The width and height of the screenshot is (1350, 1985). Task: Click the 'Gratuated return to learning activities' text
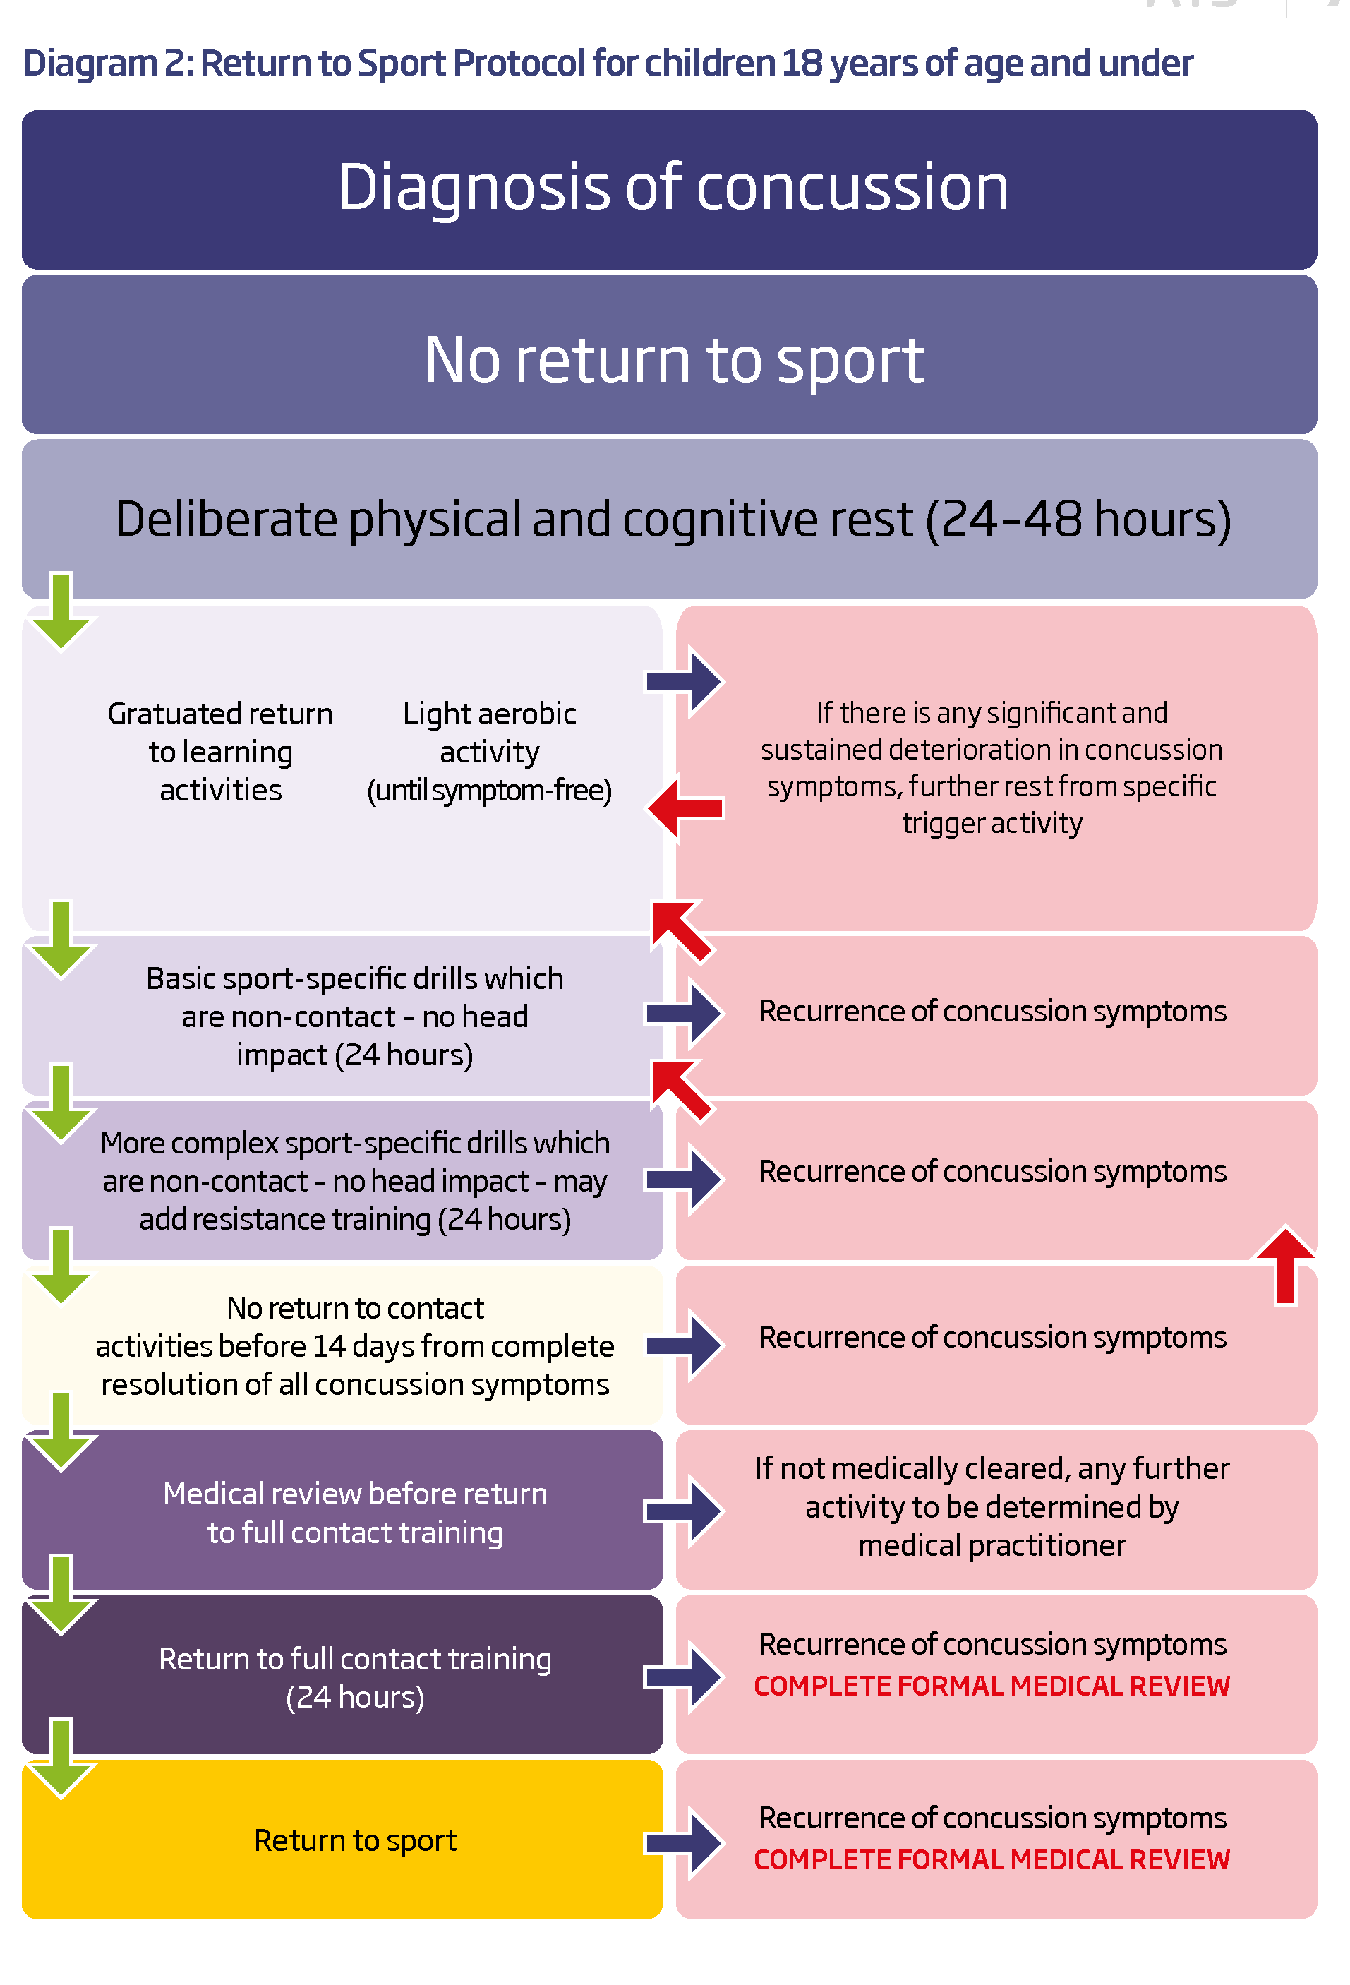pyautogui.click(x=220, y=751)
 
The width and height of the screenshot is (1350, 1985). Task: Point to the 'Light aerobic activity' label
pyautogui.click(x=489, y=733)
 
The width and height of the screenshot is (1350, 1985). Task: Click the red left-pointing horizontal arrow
pyautogui.click(x=687, y=807)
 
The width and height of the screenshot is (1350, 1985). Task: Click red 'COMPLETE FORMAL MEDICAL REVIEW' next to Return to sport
pyautogui.click(x=992, y=1859)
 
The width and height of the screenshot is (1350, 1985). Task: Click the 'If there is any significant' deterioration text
pyautogui.click(x=992, y=767)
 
